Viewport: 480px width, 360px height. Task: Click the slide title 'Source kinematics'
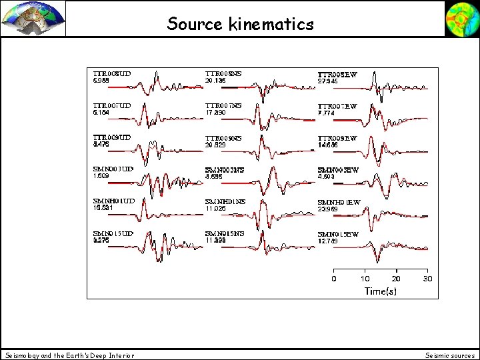240,25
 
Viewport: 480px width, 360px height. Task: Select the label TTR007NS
223,105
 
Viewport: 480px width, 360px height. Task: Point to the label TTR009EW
337,138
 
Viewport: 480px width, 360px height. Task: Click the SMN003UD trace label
113,169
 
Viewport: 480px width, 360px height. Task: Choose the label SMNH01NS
225,201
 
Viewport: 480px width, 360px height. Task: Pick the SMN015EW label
338,235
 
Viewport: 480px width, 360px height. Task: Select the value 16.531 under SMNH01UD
103,208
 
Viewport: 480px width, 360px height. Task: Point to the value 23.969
328,209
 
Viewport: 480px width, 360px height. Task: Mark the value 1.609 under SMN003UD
101,176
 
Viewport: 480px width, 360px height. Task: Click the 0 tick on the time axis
334,279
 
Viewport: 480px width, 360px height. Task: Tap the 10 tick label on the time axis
365,279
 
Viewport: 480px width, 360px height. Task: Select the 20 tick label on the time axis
397,279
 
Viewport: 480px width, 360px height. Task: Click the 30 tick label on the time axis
428,279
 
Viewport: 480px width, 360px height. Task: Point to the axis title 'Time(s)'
381,291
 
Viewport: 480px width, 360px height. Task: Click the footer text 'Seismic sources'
450,355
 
